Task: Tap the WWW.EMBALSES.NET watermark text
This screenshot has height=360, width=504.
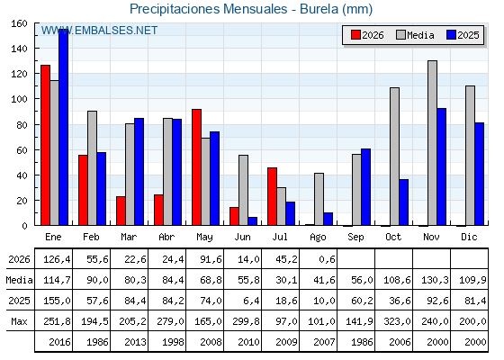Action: click(x=99, y=31)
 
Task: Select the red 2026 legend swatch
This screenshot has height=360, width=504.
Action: click(x=355, y=35)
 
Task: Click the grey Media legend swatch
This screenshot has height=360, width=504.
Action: click(x=401, y=35)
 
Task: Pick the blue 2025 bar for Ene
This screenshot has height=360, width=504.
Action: click(x=63, y=127)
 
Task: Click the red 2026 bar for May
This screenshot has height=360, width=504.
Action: click(x=196, y=167)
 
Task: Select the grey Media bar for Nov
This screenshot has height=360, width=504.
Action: click(x=432, y=143)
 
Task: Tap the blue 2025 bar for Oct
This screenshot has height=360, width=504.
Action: click(x=404, y=202)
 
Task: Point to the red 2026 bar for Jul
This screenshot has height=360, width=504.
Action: click(x=272, y=196)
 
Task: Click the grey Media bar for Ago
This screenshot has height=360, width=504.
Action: click(x=319, y=199)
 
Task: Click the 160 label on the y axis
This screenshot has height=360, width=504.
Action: click(x=20, y=23)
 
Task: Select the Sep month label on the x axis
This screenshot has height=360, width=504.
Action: click(x=355, y=238)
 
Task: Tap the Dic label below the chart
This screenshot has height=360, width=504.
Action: click(x=469, y=237)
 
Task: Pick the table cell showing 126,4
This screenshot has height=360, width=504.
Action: click(x=57, y=259)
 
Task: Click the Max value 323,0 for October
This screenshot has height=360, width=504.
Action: click(x=397, y=321)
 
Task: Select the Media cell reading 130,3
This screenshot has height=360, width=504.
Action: click(x=435, y=280)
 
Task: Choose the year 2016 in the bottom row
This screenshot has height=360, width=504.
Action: click(x=59, y=342)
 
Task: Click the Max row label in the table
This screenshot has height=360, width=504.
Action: click(x=19, y=321)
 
